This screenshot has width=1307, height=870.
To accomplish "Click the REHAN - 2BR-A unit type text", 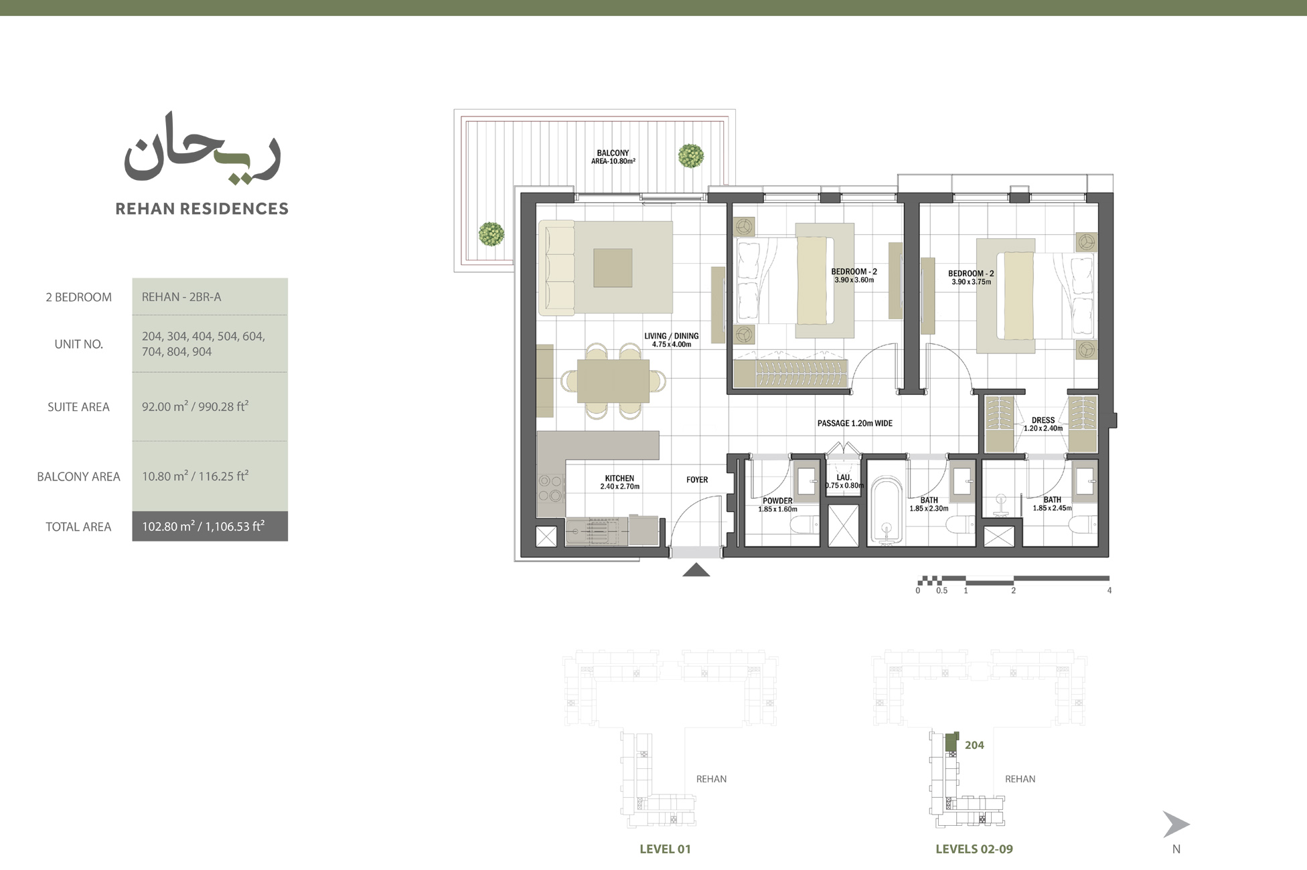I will click(181, 296).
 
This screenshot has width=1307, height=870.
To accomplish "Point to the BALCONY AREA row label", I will click(78, 476).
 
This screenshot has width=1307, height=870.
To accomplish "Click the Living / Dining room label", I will click(671, 340).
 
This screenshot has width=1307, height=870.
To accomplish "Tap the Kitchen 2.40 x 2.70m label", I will click(619, 482).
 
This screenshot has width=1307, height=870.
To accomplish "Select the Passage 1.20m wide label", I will click(854, 423).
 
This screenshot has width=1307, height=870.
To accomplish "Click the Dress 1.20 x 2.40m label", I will click(1043, 424).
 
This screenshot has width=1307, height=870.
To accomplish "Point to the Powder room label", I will click(777, 505).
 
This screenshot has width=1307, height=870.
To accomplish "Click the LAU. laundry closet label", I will click(844, 481).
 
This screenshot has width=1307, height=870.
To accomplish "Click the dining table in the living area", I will click(613, 381).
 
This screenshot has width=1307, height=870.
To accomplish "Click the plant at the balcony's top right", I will click(690, 156).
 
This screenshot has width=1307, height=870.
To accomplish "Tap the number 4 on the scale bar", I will click(1109, 591).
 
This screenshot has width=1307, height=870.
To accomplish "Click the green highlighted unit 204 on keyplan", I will click(951, 742).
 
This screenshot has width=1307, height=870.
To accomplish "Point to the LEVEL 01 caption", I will click(665, 849).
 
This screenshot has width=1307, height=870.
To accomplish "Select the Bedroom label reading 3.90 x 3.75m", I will click(970, 277).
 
